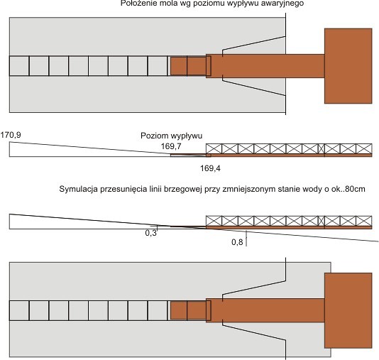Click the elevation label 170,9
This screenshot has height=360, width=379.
tap(11, 135)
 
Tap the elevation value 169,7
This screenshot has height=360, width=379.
tap(171, 146)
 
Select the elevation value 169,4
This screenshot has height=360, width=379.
tap(210, 168)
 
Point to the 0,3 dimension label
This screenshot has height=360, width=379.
tap(151, 233)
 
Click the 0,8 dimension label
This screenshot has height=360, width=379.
tap(237, 241)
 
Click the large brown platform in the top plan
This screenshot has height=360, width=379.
tap(348, 66)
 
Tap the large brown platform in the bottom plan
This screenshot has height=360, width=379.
tap(348, 310)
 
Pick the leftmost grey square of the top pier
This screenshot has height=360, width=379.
tap(19, 66)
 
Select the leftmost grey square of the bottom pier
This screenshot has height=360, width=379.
tap(19, 311)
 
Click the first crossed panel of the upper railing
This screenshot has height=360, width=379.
tap(214, 148)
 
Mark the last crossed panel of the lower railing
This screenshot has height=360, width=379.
tap(364, 221)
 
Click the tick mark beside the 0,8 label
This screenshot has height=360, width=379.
tap(246, 239)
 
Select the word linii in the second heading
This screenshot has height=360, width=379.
tap(155, 189)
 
